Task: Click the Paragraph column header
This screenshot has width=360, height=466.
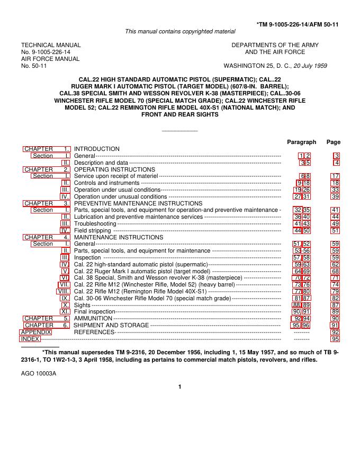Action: (301, 142)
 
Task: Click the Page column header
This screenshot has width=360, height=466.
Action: (334, 142)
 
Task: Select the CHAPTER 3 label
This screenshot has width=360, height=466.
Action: (47, 203)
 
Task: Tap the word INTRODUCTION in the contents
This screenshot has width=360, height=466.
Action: (97, 149)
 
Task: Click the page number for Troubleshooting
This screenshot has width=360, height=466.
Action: (335, 224)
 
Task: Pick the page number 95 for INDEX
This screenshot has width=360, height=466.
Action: (335, 339)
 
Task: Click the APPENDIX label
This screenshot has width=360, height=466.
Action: (35, 332)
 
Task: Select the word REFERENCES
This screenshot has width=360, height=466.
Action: (94, 332)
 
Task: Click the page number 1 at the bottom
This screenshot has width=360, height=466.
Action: (180, 387)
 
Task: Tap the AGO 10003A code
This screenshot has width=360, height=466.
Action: (39, 373)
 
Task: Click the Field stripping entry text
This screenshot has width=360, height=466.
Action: (93, 231)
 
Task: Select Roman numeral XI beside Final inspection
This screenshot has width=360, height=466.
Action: (66, 311)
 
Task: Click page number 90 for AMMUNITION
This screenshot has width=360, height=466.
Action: (335, 318)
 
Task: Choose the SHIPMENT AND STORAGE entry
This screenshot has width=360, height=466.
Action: (111, 325)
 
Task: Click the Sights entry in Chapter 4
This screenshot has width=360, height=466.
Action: (82, 305)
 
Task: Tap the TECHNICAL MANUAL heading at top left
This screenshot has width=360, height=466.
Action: (51, 46)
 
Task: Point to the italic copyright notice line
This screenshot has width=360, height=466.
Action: (180, 32)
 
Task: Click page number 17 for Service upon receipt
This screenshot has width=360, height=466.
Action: (335, 176)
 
